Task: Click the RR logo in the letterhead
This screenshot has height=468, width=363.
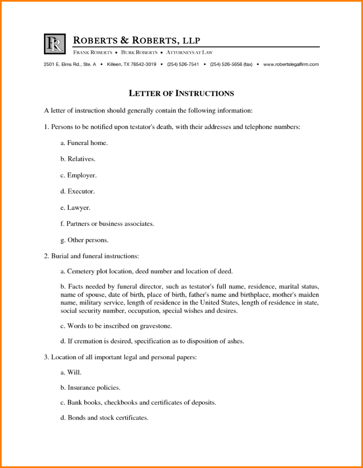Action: click(x=55, y=44)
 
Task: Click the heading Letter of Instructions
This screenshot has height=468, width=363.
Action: click(x=181, y=93)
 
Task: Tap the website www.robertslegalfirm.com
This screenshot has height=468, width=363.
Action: click(x=291, y=65)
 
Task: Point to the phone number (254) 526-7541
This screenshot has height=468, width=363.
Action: click(x=183, y=65)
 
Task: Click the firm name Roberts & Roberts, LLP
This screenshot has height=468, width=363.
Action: click(x=136, y=40)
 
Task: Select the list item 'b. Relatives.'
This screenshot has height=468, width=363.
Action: click(x=78, y=159)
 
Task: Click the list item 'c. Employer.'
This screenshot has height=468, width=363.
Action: click(x=78, y=175)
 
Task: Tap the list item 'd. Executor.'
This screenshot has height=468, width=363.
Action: click(x=77, y=191)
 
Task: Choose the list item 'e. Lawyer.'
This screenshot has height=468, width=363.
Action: click(x=75, y=208)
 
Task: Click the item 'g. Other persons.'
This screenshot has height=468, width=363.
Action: click(x=84, y=240)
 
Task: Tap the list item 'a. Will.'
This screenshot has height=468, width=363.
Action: click(x=71, y=372)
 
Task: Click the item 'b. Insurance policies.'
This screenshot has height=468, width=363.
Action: click(x=90, y=387)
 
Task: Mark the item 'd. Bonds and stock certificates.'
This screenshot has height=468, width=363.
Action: click(x=104, y=418)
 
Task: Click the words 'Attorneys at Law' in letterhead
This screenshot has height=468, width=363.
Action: click(x=190, y=52)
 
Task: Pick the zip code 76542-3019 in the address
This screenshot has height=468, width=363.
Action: click(x=143, y=65)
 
